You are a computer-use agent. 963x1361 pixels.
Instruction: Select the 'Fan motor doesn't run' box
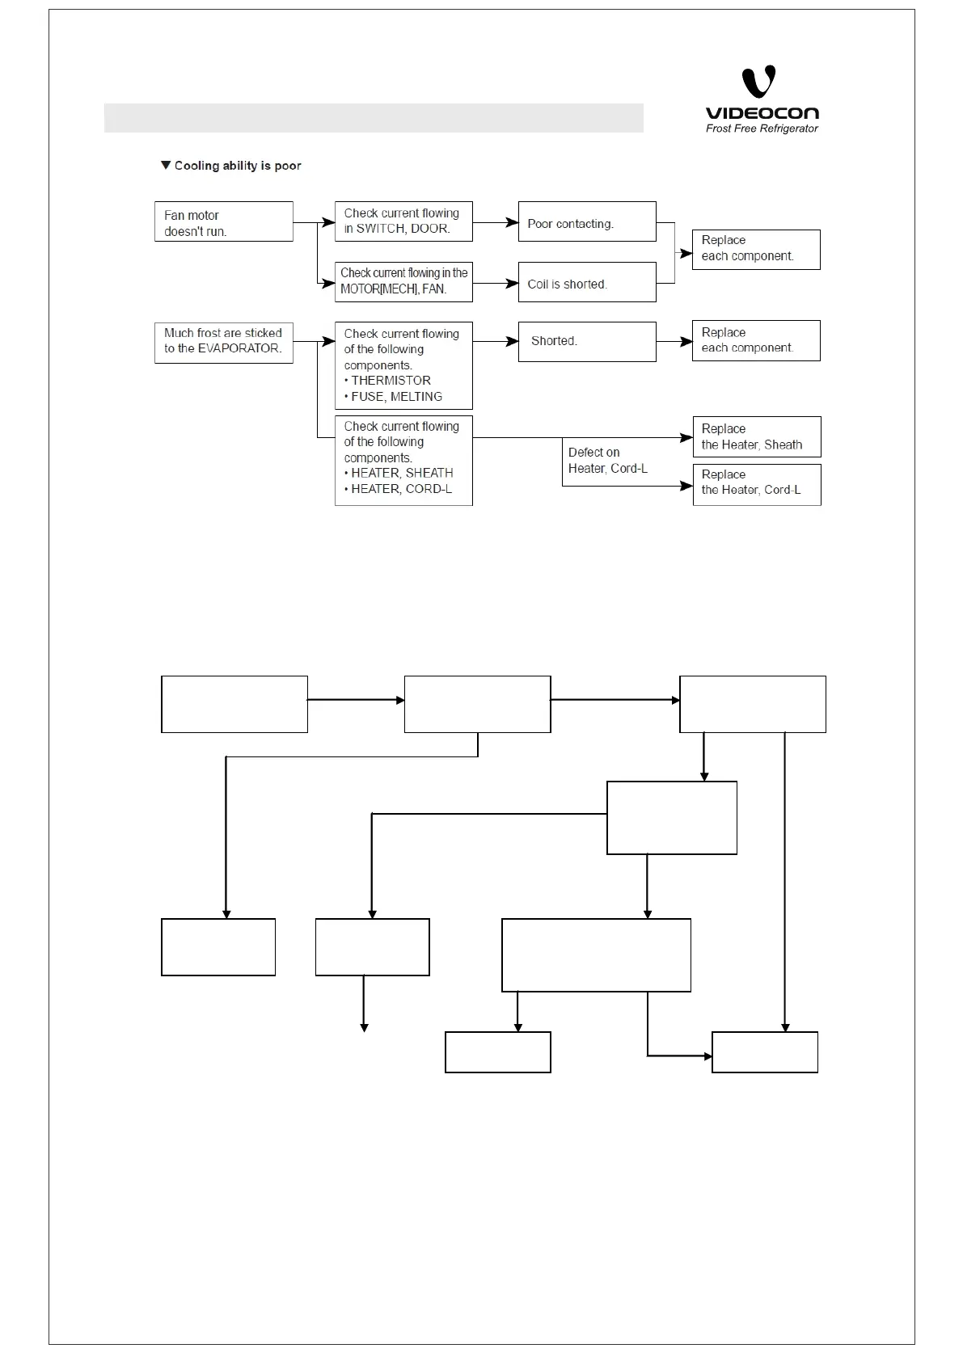(x=223, y=222)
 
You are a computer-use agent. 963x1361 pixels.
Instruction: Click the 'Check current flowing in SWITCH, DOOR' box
(x=403, y=221)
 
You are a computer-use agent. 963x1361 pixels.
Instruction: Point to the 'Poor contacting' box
(x=586, y=222)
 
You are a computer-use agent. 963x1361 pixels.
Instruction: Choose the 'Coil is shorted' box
(x=586, y=283)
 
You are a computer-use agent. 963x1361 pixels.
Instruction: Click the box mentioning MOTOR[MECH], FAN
(x=403, y=282)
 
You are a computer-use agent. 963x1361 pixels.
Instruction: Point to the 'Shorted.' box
(x=586, y=342)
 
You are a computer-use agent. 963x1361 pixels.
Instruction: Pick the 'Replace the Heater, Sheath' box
(x=756, y=437)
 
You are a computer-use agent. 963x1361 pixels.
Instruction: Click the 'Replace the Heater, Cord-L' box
(x=756, y=484)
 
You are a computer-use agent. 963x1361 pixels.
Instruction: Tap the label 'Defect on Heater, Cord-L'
(x=607, y=461)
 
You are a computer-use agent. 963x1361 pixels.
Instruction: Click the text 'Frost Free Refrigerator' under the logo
(x=762, y=129)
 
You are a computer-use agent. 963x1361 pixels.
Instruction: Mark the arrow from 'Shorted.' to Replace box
(x=674, y=342)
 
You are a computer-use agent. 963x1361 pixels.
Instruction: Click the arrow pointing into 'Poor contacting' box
(x=496, y=222)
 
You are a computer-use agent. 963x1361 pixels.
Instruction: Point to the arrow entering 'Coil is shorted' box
(x=496, y=283)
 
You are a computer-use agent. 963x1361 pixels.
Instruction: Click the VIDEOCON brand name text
(x=762, y=113)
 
